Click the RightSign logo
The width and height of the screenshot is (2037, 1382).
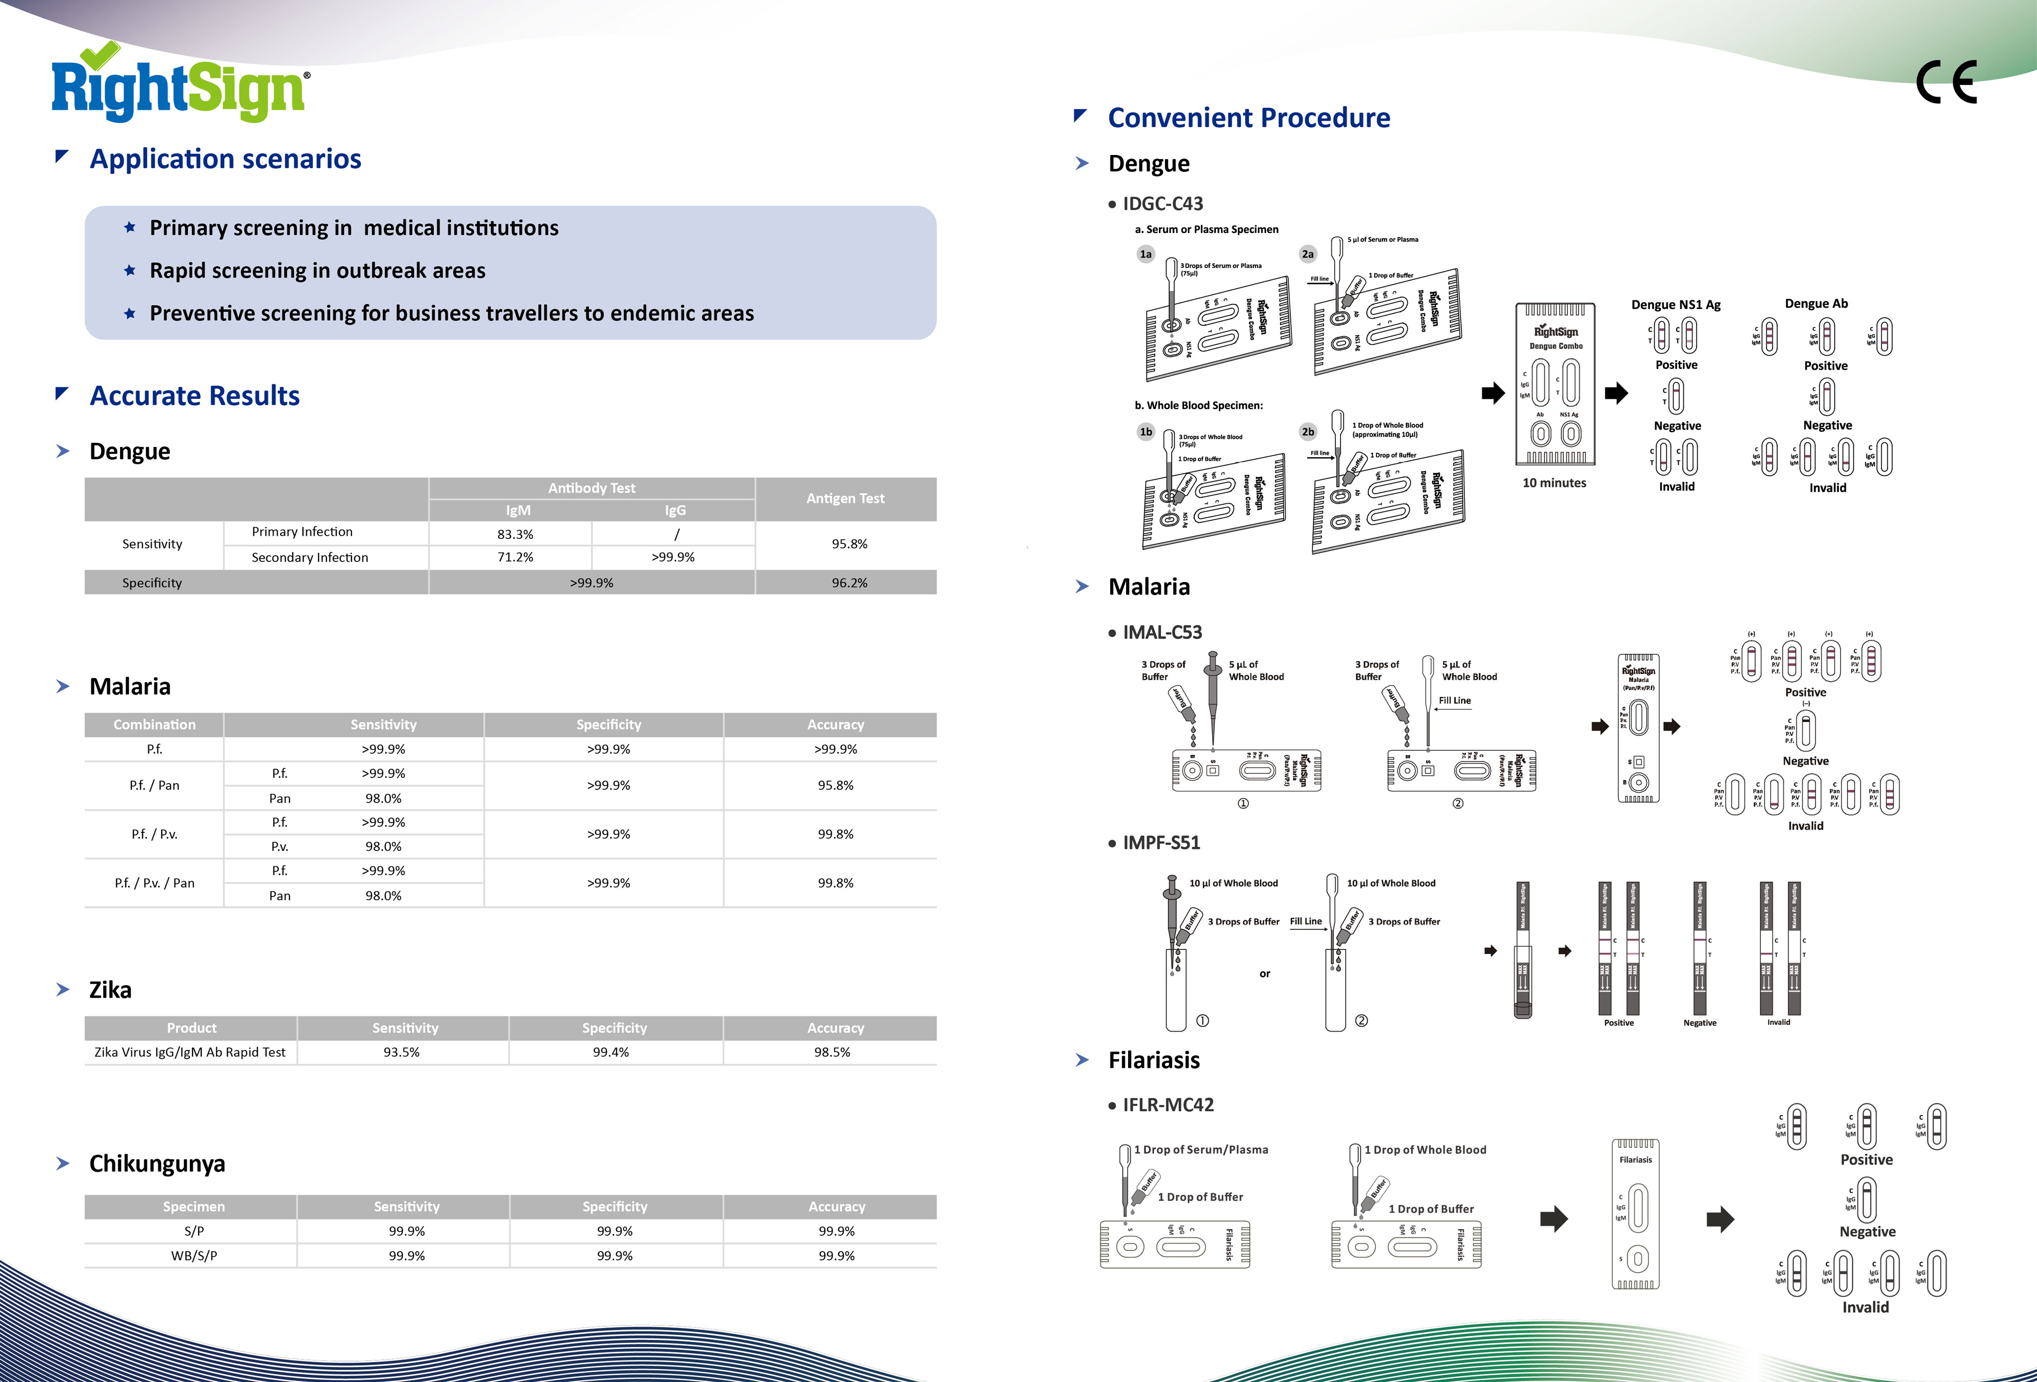click(180, 86)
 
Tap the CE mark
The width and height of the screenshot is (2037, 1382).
click(1946, 83)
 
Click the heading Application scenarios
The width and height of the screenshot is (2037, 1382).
click(225, 159)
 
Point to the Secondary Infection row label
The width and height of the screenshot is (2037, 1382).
click(309, 557)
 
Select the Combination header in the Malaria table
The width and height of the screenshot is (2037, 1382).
click(154, 725)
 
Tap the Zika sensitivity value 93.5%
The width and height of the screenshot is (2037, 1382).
click(401, 1052)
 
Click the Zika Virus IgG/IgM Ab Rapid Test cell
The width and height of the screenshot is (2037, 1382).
click(190, 1052)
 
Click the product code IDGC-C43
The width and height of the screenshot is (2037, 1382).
click(1162, 203)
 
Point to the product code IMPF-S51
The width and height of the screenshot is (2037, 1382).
click(1161, 842)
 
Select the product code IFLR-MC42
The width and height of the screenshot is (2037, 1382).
click(1168, 1105)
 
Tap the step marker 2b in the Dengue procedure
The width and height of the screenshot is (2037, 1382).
click(1308, 431)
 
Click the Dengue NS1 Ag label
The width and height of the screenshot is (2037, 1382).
click(1676, 305)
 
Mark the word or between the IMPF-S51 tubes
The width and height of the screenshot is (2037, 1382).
click(1265, 974)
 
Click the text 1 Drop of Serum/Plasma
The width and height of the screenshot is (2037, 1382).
click(1201, 1150)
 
